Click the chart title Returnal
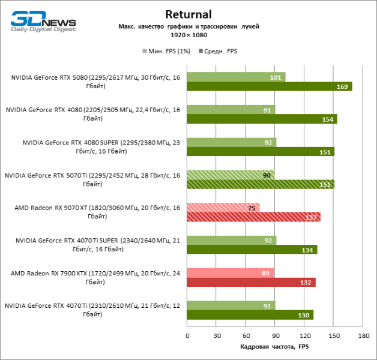click(x=188, y=14)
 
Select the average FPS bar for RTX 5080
click(x=269, y=86)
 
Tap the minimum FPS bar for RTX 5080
click(x=235, y=77)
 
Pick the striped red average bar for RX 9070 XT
click(x=253, y=217)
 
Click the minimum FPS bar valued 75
click(x=223, y=207)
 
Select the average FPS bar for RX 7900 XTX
click(x=251, y=282)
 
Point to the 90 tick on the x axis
click(x=275, y=335)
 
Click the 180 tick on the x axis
click(x=363, y=335)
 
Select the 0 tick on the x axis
click(x=187, y=335)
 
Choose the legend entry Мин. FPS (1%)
click(x=165, y=51)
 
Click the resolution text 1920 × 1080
click(x=188, y=35)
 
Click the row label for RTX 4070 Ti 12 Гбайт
click(x=92, y=310)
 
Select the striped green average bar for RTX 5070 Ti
click(x=260, y=184)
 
